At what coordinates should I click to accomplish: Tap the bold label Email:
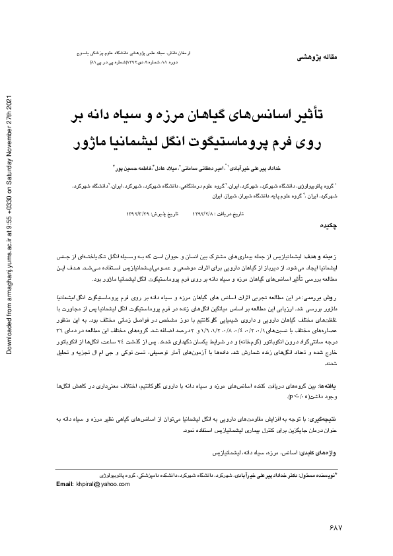(x=65, y=485)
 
